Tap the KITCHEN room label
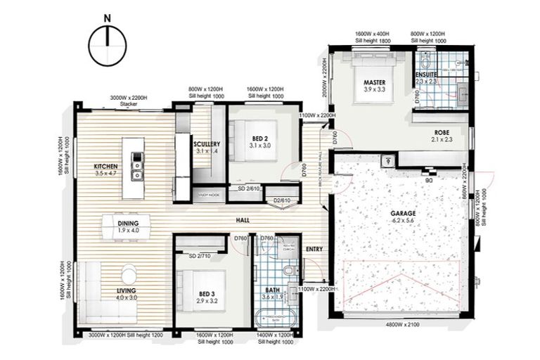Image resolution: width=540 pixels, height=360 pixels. tap(105, 167)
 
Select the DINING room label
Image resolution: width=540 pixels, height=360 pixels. tap(128, 224)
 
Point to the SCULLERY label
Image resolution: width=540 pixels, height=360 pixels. tap(207, 144)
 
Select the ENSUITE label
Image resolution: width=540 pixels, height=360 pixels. tap(426, 74)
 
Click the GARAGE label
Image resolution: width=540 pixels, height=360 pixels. tap(404, 213)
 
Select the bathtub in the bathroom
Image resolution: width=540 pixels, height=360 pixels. tap(275, 316)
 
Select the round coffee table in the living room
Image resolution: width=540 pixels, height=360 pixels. tap(129, 272)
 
